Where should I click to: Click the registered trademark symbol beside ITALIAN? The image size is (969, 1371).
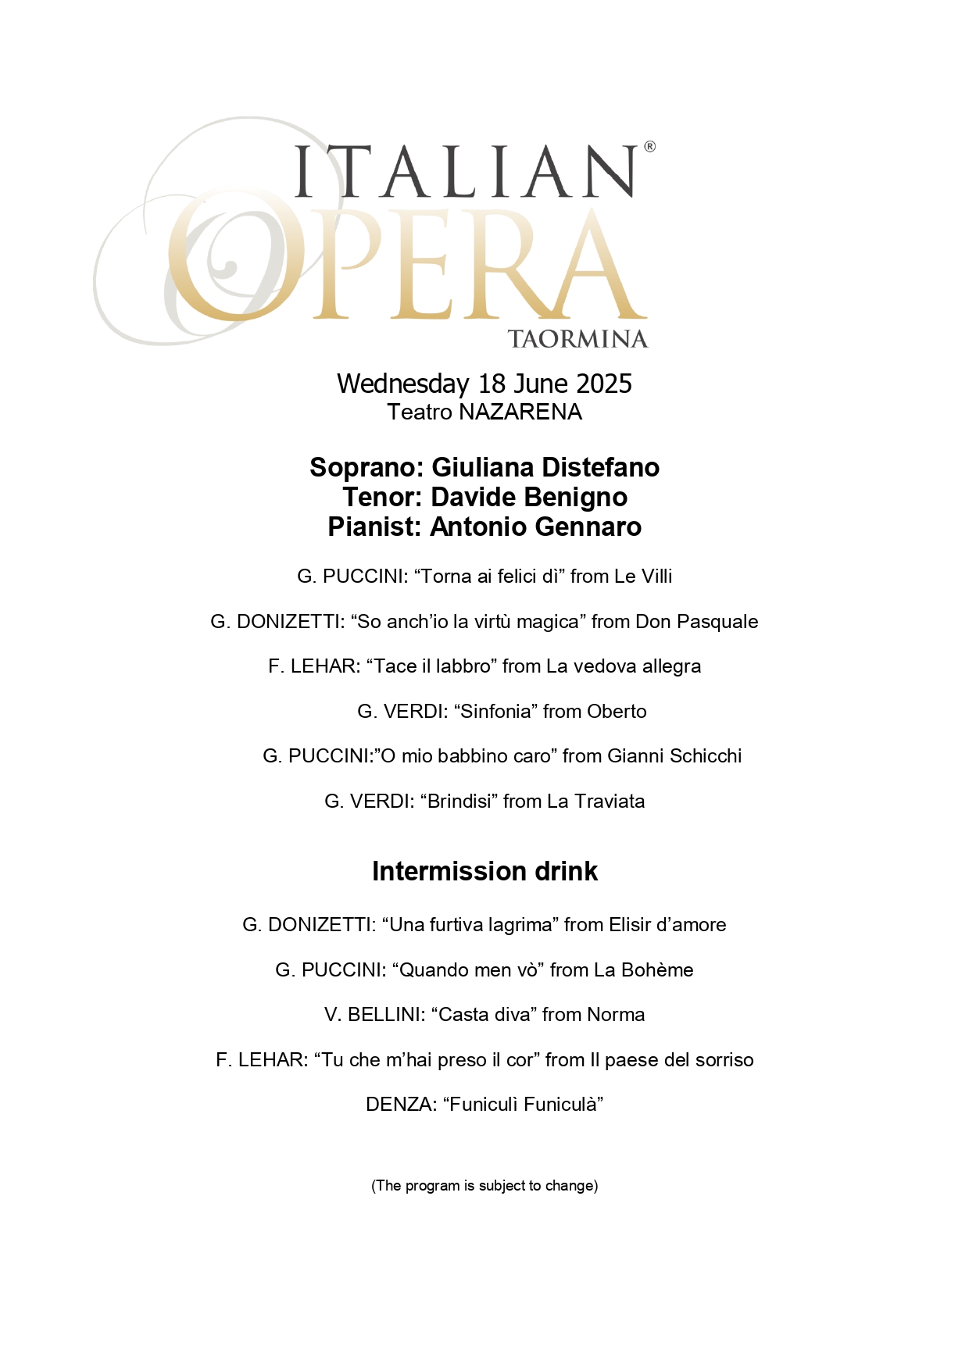(649, 147)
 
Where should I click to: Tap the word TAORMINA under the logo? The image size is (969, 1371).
(577, 339)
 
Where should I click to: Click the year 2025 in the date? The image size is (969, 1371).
(604, 384)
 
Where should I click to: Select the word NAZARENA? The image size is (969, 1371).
(520, 412)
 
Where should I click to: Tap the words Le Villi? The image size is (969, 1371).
(643, 577)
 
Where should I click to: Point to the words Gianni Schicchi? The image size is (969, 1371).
(674, 756)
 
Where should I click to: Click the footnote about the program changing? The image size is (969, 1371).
(484, 1186)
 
